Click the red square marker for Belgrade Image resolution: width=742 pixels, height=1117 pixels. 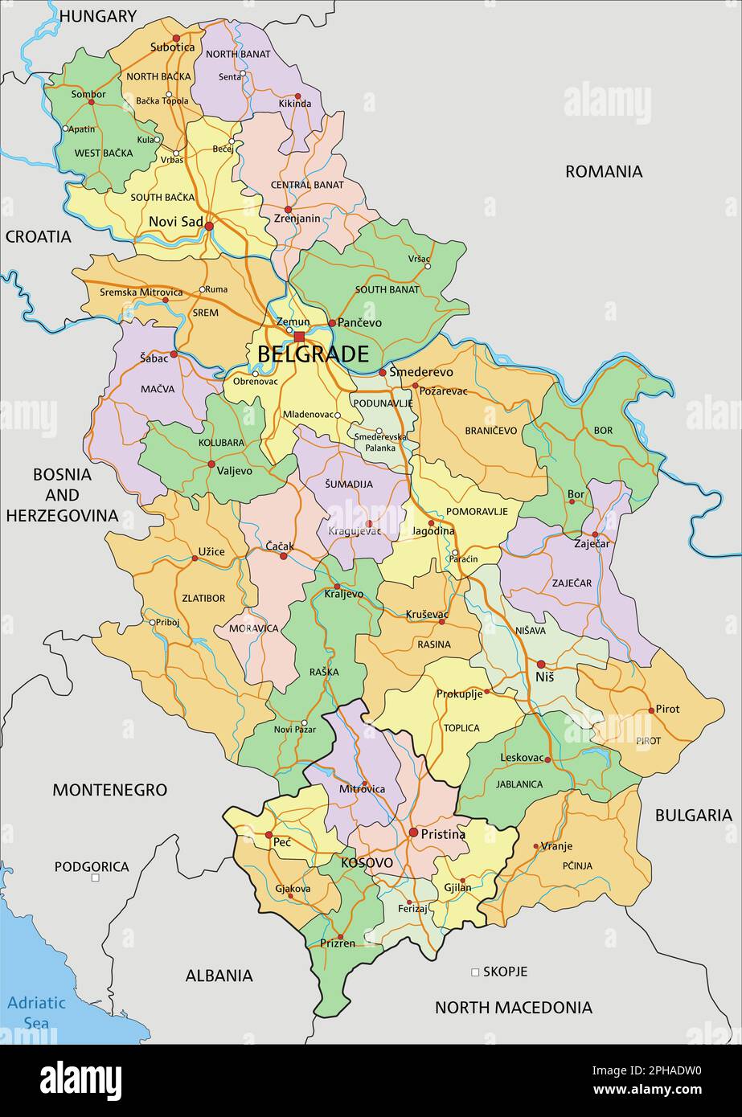pos(299,337)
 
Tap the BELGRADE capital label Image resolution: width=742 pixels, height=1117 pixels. pos(313,354)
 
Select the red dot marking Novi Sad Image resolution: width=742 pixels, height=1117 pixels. pos(209,227)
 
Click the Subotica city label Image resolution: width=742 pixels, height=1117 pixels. pos(172,47)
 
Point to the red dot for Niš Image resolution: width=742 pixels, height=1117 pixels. pos(541,665)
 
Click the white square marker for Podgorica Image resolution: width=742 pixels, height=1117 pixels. pos(96,878)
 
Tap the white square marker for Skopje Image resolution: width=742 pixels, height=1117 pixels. pos(475,972)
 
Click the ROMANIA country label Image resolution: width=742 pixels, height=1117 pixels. pos(604,171)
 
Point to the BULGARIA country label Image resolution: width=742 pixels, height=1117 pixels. pos(693,816)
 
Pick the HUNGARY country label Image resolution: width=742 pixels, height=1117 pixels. pos(98,16)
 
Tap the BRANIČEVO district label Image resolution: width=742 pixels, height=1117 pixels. pos(490,431)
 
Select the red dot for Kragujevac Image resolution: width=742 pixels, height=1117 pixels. pos(369,523)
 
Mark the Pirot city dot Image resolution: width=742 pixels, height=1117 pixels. pos(651,710)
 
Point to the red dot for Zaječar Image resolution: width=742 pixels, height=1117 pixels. pos(595,534)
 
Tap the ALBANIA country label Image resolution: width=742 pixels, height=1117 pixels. pos(219,976)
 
